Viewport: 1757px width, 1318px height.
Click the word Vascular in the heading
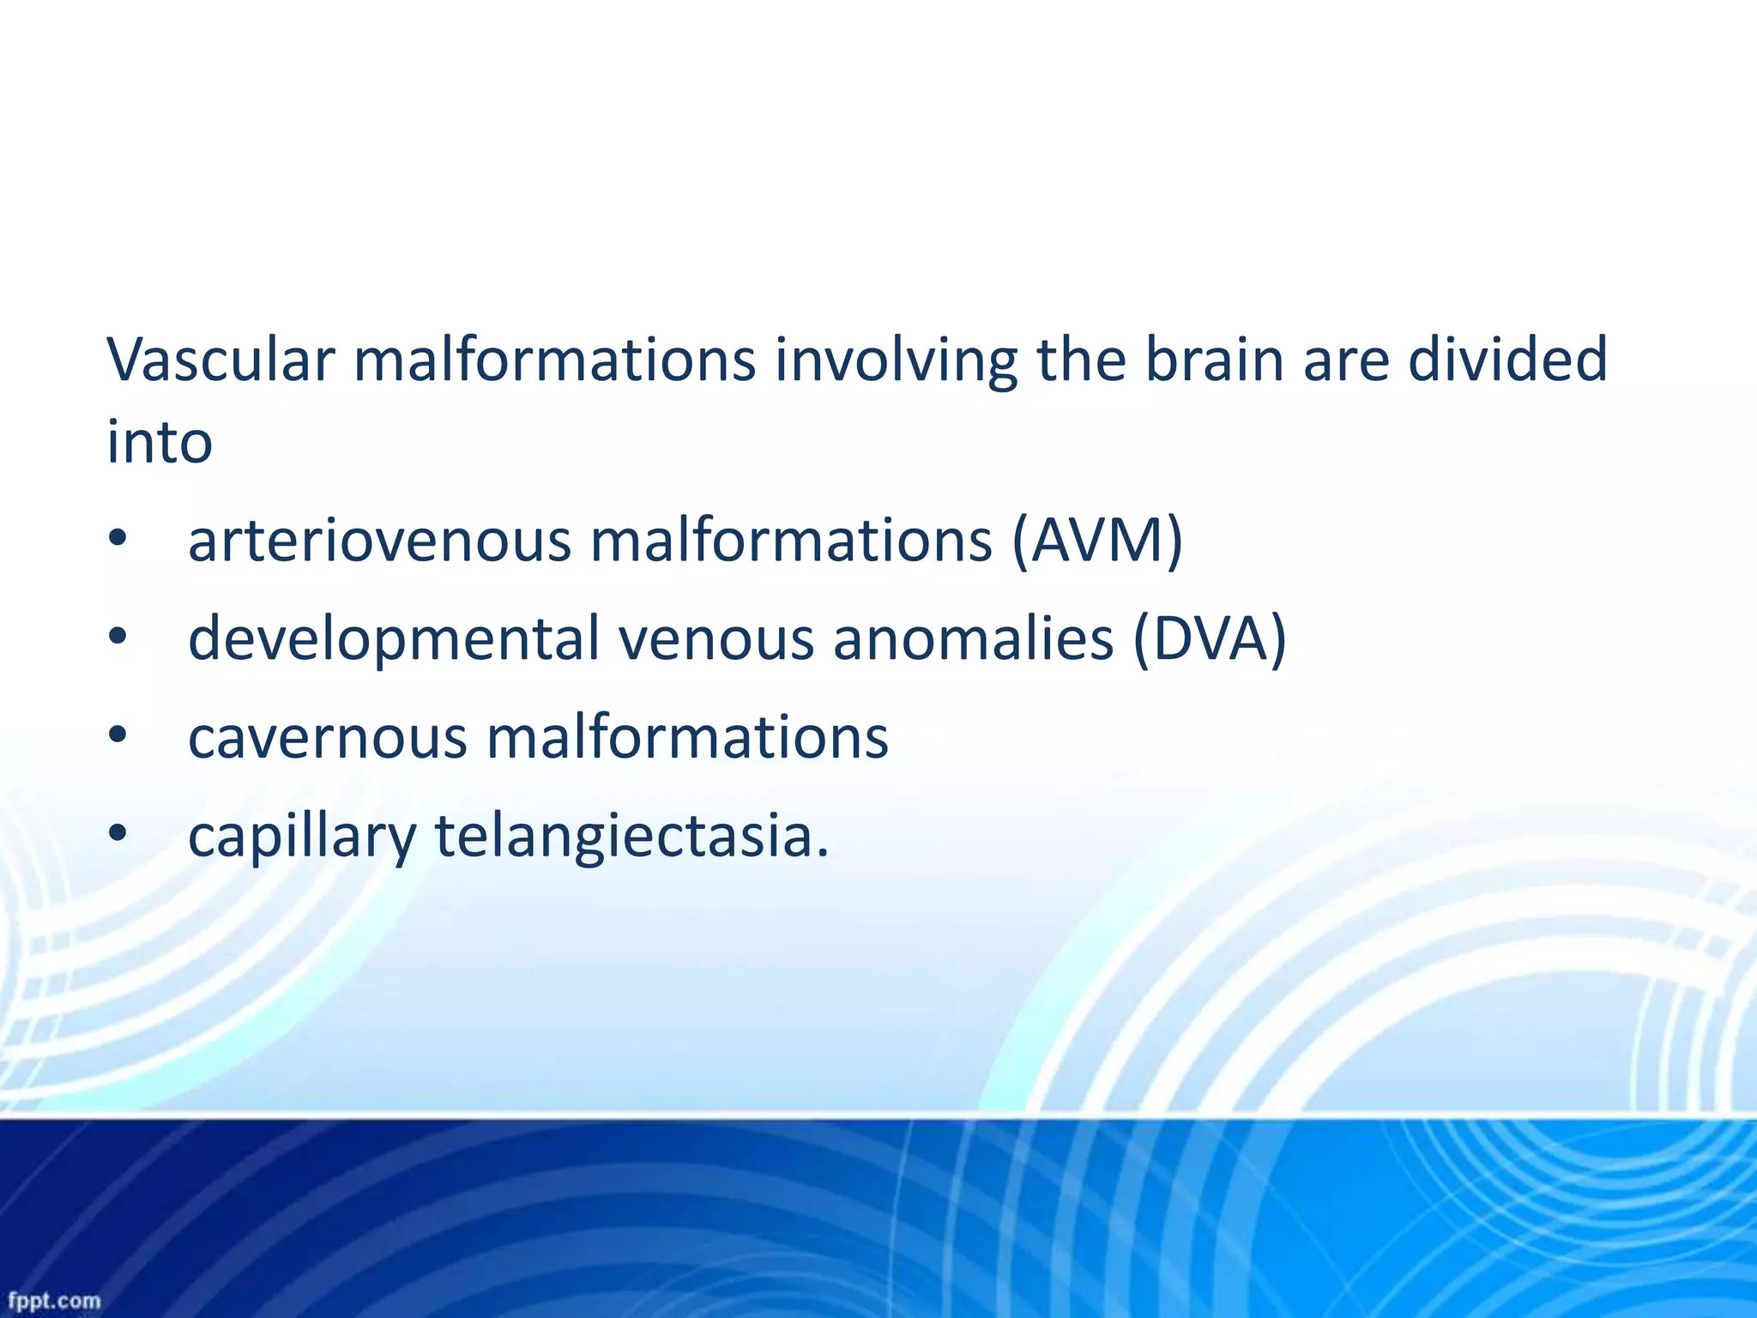click(220, 360)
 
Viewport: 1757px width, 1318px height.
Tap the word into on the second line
click(160, 442)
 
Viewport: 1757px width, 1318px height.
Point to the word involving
click(896, 361)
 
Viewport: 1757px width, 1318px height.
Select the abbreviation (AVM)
click(1097, 541)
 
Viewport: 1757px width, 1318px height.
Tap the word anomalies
click(973, 639)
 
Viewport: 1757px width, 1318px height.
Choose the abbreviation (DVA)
click(1210, 639)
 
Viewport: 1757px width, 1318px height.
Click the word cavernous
click(327, 738)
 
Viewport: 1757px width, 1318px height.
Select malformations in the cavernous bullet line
click(687, 738)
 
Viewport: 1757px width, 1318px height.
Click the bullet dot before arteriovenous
click(118, 540)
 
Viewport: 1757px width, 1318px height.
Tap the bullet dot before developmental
click(118, 638)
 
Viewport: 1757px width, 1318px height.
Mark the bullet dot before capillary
click(118, 833)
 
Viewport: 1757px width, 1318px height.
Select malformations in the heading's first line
click(555, 360)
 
